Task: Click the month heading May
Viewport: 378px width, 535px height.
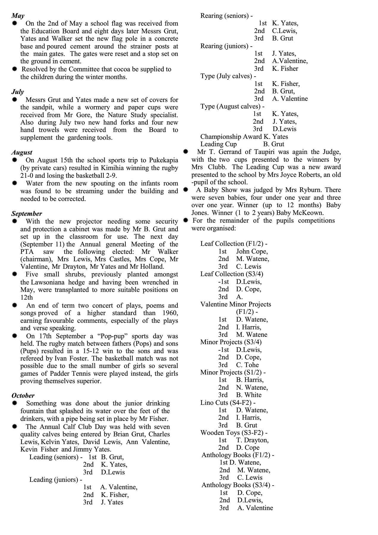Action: pyautogui.click(x=18, y=16)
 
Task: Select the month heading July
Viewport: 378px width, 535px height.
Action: pyautogui.click(x=18, y=92)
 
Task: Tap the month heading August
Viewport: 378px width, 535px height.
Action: pyautogui.click(x=22, y=153)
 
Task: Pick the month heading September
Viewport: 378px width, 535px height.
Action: pyautogui.click(x=27, y=214)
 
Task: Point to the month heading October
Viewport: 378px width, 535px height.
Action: pyautogui.click(x=23, y=396)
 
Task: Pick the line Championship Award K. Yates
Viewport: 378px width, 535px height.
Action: pyautogui.click(x=244, y=137)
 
